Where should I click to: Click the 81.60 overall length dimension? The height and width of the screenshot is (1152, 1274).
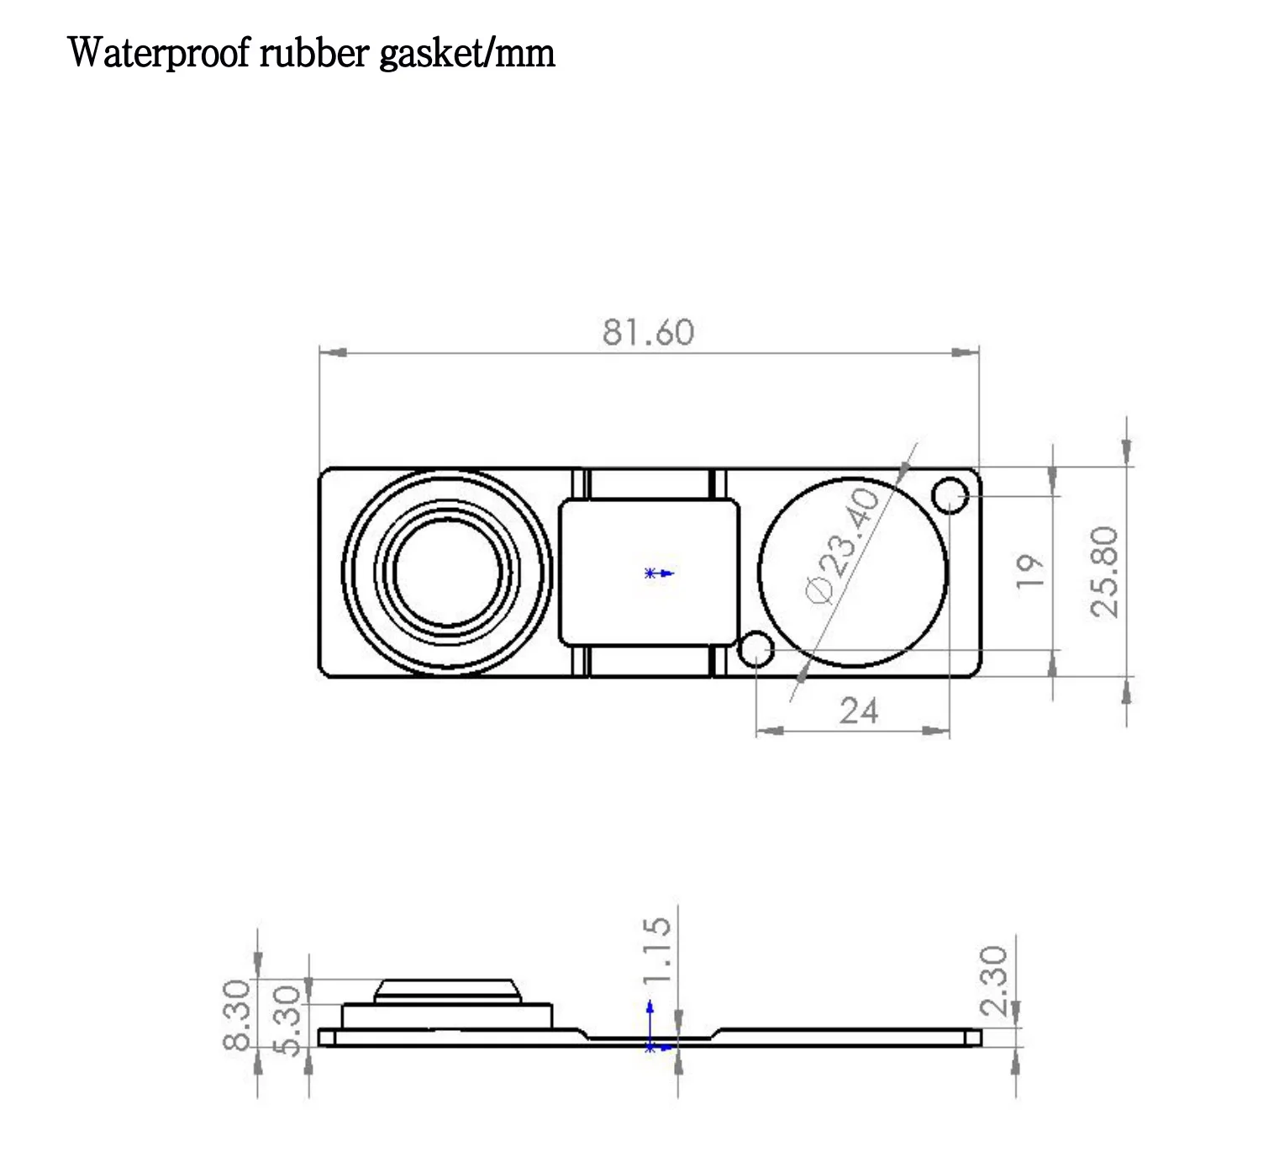click(648, 333)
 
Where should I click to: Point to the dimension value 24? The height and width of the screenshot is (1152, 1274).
click(859, 711)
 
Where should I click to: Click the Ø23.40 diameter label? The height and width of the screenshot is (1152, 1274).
click(844, 546)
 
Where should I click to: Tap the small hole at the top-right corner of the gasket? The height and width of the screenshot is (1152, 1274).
click(951, 495)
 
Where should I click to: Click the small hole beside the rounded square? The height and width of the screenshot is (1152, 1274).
click(756, 649)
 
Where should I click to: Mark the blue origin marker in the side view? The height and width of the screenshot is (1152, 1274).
click(650, 1045)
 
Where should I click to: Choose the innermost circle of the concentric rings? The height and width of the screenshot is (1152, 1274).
click(448, 572)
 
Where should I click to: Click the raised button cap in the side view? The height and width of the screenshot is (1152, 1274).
click(446, 990)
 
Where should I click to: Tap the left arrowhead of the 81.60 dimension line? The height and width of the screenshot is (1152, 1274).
click(333, 353)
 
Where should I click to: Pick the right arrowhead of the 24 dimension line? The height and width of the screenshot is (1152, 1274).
click(936, 731)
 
